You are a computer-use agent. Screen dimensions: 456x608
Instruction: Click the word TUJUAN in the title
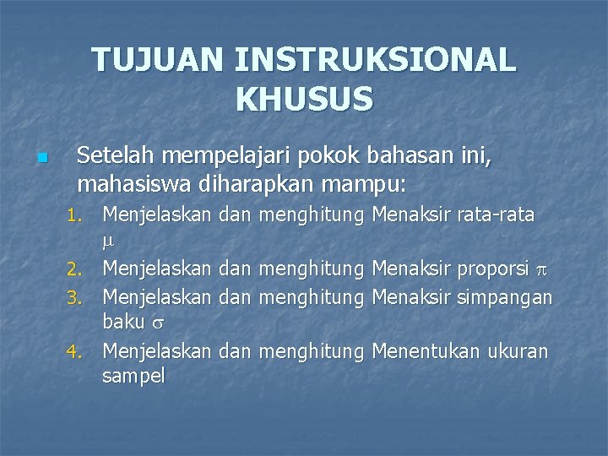coord(157,61)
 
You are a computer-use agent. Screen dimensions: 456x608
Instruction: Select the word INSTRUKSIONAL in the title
coord(375,61)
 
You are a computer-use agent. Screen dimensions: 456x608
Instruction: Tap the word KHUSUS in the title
coord(304,100)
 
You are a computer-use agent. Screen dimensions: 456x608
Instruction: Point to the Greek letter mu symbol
coord(107,242)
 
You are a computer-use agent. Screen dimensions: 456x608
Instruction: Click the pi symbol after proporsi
coord(542,269)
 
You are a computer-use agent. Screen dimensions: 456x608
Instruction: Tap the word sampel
coord(133,377)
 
